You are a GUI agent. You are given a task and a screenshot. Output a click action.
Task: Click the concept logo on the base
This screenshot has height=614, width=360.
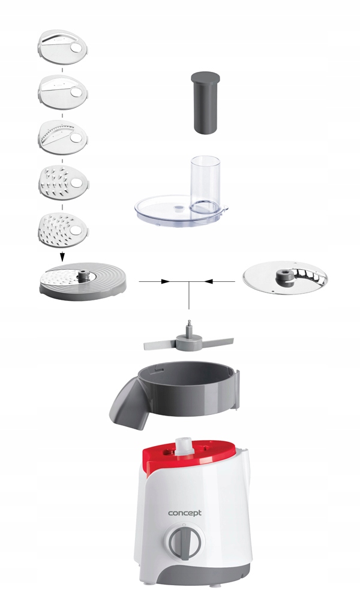click(x=185, y=513)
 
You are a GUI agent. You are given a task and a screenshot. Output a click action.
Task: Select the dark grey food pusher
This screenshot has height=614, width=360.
click(x=205, y=103)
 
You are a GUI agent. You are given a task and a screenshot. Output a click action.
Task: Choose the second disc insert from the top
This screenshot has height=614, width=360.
click(x=62, y=92)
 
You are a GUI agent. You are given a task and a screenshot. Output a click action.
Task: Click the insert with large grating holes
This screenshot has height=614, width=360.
click(x=62, y=182)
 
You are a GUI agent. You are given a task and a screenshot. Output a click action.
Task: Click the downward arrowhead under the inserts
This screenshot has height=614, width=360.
click(x=62, y=257)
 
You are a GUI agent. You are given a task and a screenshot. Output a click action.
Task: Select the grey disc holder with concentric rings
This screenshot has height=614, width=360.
click(x=83, y=282)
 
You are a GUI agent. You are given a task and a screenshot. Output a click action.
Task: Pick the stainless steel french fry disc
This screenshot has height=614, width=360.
click(x=285, y=278)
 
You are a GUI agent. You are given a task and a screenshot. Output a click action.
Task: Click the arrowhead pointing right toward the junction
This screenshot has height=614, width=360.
click(x=166, y=281)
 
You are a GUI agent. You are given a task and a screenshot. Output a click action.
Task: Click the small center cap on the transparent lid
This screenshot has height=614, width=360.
click(x=178, y=207)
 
